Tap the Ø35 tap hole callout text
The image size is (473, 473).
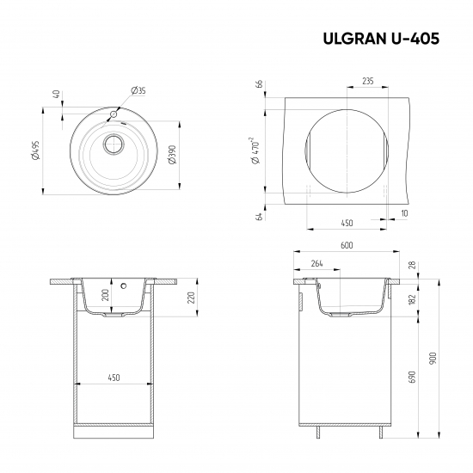point(138,90)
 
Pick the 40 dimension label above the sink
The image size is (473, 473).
point(56,95)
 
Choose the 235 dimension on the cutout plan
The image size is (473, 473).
point(367,81)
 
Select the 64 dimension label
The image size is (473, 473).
point(259,216)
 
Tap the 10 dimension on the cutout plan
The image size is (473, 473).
point(403,212)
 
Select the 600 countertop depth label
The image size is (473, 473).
point(346,245)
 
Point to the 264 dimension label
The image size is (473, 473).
point(316,263)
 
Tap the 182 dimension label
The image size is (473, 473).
point(412,298)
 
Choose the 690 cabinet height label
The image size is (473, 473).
point(412,377)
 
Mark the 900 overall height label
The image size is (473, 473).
point(434,357)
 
